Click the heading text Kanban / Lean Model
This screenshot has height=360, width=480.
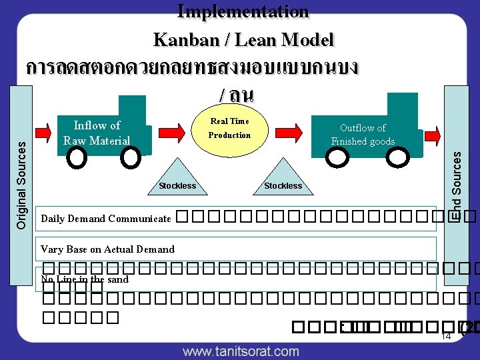pos(243,40)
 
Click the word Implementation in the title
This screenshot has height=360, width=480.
pos(243,11)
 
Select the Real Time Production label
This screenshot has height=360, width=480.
pos(229,128)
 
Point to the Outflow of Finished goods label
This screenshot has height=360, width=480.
pos(363,134)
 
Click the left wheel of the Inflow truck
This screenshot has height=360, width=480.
pos(77,158)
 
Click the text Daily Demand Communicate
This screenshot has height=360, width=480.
pos(106,219)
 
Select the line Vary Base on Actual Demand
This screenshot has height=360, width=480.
pos(107,249)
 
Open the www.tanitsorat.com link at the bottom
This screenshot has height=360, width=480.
pos(241,351)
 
